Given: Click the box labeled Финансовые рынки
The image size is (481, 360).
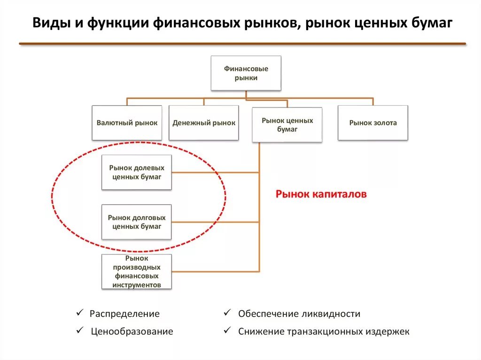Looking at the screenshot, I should click(x=246, y=73).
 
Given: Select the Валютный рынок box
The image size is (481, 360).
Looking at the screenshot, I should click(x=127, y=123).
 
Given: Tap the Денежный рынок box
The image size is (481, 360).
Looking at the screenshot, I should click(x=204, y=123).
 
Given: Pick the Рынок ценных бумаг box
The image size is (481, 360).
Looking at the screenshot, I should click(x=287, y=125).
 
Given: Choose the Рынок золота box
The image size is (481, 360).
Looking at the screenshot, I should click(x=373, y=123).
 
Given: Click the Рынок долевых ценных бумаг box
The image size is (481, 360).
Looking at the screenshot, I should click(x=137, y=173).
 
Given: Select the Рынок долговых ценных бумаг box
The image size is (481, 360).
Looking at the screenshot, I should click(x=137, y=222).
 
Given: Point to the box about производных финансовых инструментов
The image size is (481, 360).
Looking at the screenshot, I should click(x=137, y=272).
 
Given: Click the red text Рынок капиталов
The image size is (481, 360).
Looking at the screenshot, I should click(x=321, y=194).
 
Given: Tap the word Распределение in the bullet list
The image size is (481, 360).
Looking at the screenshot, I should click(x=124, y=314).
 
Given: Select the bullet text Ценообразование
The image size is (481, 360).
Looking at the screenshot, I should click(x=132, y=331).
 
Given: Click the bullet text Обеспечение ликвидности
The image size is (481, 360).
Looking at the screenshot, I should click(x=299, y=314).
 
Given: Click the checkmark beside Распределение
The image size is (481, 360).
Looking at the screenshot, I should click(x=80, y=313).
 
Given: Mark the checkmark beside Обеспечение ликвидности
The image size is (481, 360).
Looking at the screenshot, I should click(x=226, y=313).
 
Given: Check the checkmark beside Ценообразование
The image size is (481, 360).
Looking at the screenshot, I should click(x=80, y=330).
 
